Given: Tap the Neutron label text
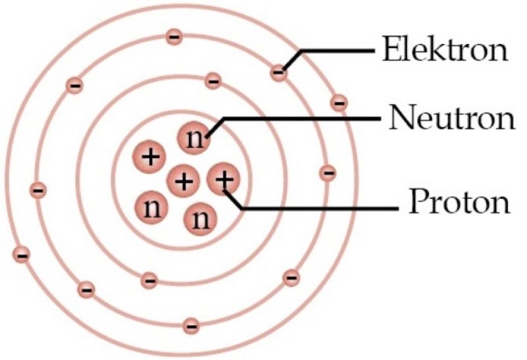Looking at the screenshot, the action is (452, 118).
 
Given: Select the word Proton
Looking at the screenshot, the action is (459, 201).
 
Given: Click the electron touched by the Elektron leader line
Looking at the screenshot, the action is (279, 72).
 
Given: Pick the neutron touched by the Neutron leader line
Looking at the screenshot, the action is (194, 138).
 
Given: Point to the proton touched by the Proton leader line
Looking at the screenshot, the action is (223, 179).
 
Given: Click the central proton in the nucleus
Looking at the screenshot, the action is (184, 182).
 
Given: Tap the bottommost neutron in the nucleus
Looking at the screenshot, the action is (200, 219).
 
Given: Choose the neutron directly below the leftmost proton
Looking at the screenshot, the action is (152, 207).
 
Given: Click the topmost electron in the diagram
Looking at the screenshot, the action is (174, 37).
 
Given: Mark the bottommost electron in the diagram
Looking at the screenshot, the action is (191, 326).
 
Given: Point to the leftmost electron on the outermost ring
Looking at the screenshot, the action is (22, 255).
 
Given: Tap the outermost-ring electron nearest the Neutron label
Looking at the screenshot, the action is (339, 103).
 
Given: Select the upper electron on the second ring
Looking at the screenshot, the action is (213, 80).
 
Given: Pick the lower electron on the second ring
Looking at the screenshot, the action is (150, 280).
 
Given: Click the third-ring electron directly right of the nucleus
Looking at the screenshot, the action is (327, 173).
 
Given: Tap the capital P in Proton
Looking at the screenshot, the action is (418, 201).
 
